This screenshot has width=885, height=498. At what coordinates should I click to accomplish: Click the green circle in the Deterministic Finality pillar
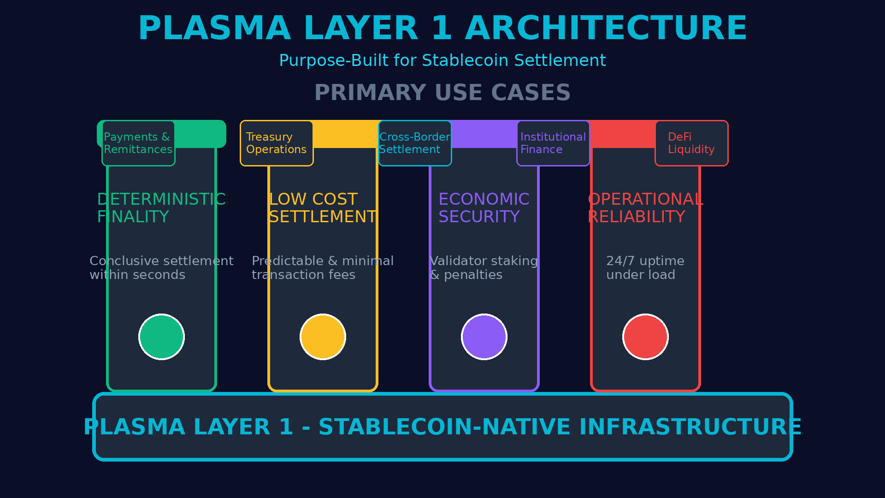pos(161,337)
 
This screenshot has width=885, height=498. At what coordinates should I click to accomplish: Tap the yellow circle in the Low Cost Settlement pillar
pos(323,337)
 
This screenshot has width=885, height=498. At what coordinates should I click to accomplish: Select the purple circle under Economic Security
pos(484,337)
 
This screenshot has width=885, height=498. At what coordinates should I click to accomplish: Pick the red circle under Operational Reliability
pos(645,337)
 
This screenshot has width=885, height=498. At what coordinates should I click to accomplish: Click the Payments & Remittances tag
pos(138,143)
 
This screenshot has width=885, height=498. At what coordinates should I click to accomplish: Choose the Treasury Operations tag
pos(277,143)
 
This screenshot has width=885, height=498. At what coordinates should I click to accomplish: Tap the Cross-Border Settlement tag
pos(415,143)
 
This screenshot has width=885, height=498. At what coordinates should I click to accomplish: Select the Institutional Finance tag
pos(553,143)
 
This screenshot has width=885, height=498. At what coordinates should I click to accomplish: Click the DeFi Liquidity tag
pos(691,143)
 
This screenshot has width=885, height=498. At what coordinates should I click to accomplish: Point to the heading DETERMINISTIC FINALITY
pos(161,208)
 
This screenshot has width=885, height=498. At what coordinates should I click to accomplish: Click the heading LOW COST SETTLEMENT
pos(323,208)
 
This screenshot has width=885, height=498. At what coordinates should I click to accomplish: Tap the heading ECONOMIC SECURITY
pos(484,208)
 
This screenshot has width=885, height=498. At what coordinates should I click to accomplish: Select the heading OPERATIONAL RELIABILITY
pos(645,208)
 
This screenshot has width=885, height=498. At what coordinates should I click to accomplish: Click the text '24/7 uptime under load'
pos(645,268)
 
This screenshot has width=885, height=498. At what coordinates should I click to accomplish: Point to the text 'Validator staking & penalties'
pos(484,268)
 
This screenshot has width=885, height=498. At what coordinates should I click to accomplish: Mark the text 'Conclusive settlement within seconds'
pos(161,268)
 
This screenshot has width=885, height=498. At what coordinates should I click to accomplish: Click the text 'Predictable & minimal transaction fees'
pos(323,268)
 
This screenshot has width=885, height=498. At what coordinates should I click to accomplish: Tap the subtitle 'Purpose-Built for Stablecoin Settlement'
pos(442,60)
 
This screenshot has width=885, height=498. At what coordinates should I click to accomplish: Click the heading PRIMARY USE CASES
pos(442,93)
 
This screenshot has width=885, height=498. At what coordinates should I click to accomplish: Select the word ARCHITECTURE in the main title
pos(606,29)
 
